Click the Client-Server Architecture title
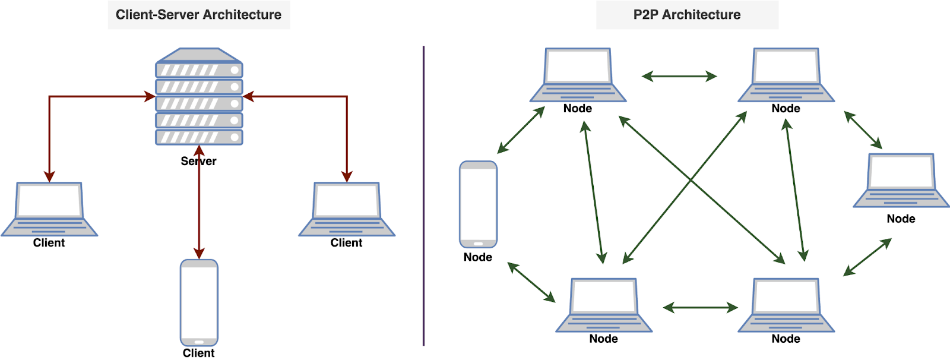pos(198,15)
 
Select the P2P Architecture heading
pos(686,15)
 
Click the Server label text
pos(198,161)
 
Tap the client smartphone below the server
pos(199,302)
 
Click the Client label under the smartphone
pos(198,353)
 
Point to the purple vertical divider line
pos(423,196)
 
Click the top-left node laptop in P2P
pos(578,75)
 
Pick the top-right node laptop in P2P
pos(786,75)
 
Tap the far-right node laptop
pos(901,181)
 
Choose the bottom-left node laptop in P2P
pos(603,305)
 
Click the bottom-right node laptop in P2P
pos(786,305)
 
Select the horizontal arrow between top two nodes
pos(679,76)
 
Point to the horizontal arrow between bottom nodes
pos(701,307)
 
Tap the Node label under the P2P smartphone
pos(478,257)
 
